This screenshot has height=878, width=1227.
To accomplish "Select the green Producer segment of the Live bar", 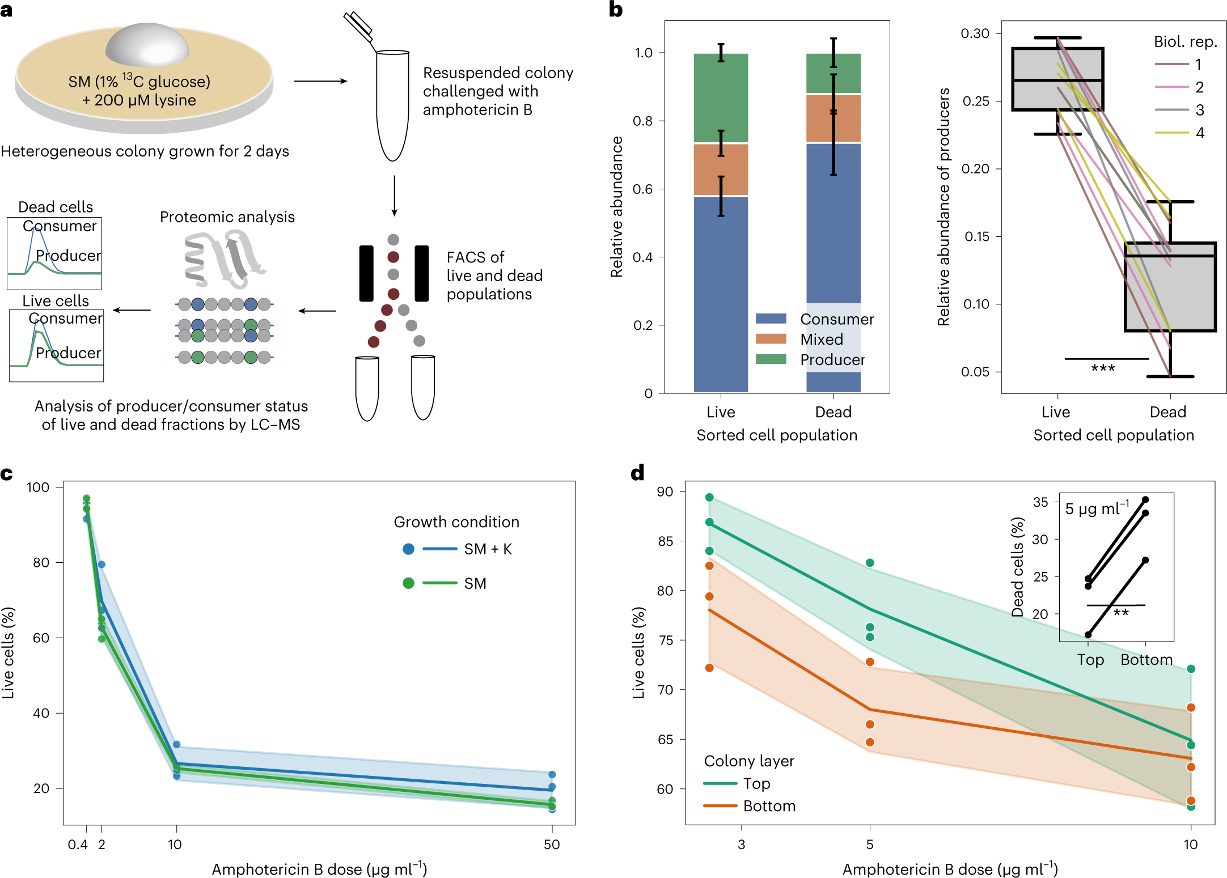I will tap(721, 97).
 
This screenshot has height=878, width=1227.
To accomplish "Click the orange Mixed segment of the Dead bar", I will tap(833, 118).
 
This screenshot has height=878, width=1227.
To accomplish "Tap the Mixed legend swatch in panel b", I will tap(771, 339).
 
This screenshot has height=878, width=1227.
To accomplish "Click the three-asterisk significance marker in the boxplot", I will tap(1103, 368).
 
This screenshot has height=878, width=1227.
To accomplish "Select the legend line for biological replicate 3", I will tap(1171, 110).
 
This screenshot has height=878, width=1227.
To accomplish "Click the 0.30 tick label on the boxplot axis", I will tap(975, 33).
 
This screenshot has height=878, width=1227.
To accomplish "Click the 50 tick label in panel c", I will tap(551, 845).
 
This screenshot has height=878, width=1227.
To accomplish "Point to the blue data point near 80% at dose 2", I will tap(101, 565).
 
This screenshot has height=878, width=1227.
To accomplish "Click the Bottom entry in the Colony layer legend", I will tap(769, 806).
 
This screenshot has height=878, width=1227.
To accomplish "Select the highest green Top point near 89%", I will tap(709, 498).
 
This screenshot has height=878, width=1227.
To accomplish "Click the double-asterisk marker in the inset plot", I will tap(1120, 613).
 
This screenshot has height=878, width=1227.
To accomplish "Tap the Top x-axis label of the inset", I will tap(1090, 660).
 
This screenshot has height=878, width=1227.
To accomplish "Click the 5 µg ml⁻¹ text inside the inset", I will tap(1097, 508).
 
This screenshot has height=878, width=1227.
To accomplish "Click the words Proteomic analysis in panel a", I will tap(227, 217).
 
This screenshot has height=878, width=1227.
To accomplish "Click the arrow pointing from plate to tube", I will tap(320, 81).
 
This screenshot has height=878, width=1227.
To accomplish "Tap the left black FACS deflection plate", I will tap(366, 273).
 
